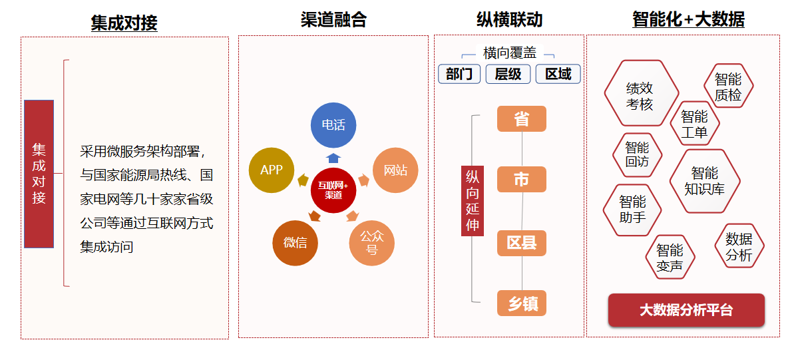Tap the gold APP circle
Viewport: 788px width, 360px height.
(x=272, y=170)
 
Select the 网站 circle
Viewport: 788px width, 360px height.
(x=395, y=170)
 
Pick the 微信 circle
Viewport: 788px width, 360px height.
(x=295, y=242)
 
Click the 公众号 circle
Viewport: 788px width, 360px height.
(x=372, y=243)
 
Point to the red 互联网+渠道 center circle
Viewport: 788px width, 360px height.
(x=333, y=190)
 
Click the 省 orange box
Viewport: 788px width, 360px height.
(x=522, y=119)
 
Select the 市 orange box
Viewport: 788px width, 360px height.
(x=522, y=180)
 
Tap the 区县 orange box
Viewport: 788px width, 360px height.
(x=522, y=243)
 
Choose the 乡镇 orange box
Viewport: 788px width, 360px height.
(x=522, y=303)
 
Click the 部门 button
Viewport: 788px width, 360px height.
(x=459, y=74)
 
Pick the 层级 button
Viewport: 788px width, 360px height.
(x=508, y=74)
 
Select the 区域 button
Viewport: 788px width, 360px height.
(x=558, y=74)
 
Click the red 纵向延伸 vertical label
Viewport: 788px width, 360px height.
(x=473, y=200)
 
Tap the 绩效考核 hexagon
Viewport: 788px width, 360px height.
(x=640, y=94)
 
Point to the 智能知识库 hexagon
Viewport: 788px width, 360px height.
(x=705, y=181)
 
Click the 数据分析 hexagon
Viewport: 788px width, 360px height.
(x=739, y=247)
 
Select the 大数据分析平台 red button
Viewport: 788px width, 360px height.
(x=686, y=310)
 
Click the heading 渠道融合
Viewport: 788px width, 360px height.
(x=333, y=20)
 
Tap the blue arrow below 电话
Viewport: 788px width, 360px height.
(x=333, y=158)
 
